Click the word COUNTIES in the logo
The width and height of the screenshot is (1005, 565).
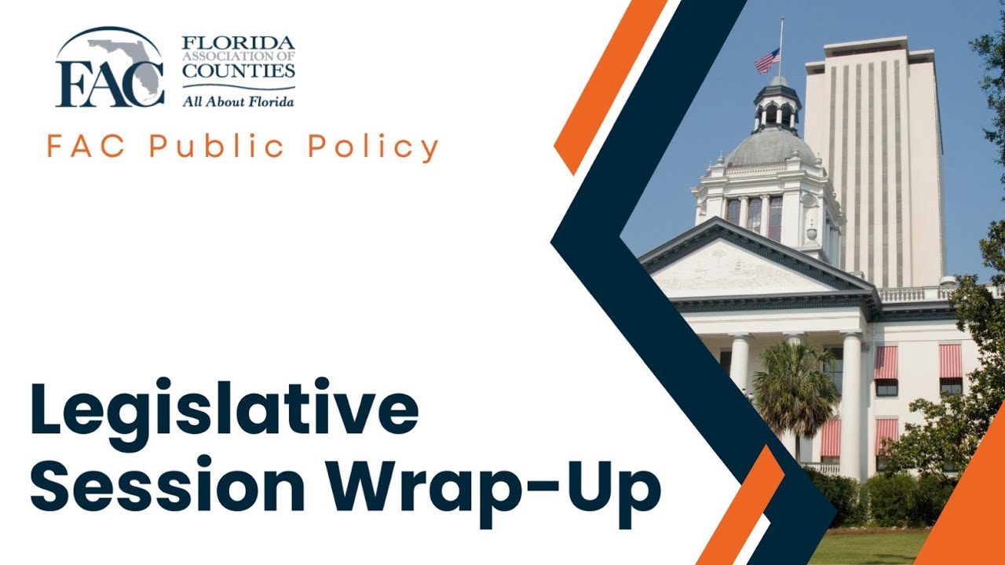click(x=239, y=71)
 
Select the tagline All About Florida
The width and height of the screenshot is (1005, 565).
click(x=239, y=100)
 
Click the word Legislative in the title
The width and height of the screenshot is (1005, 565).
click(x=224, y=410)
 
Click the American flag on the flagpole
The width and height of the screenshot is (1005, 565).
click(x=767, y=60)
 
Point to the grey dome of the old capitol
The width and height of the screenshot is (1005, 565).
click(x=771, y=147)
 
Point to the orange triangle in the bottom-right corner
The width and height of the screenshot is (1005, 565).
click(x=970, y=510)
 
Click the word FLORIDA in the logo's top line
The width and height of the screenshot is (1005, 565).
click(x=239, y=42)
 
